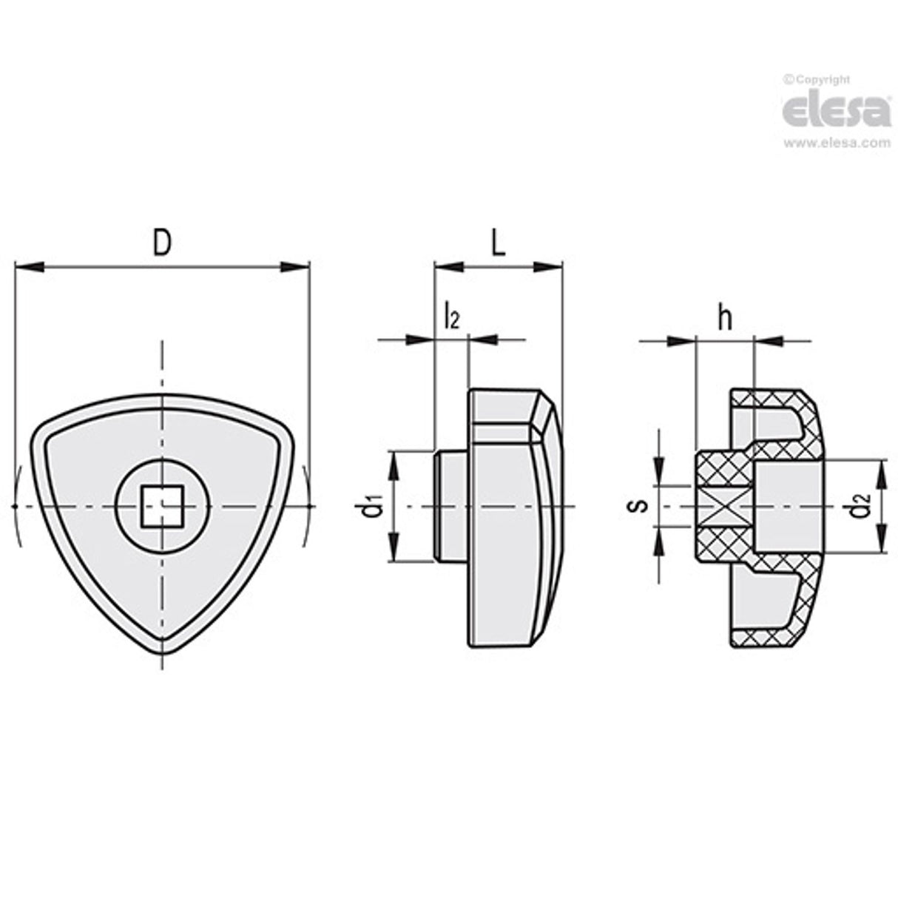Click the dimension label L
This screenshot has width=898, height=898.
(499, 243)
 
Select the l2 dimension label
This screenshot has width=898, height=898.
(451, 317)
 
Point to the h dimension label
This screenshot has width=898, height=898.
(725, 318)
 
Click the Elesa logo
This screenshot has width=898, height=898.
(836, 112)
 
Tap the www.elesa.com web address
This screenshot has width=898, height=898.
(836, 144)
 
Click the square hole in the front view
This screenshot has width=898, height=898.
(161, 507)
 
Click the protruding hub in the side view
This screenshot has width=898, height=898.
(450, 507)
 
